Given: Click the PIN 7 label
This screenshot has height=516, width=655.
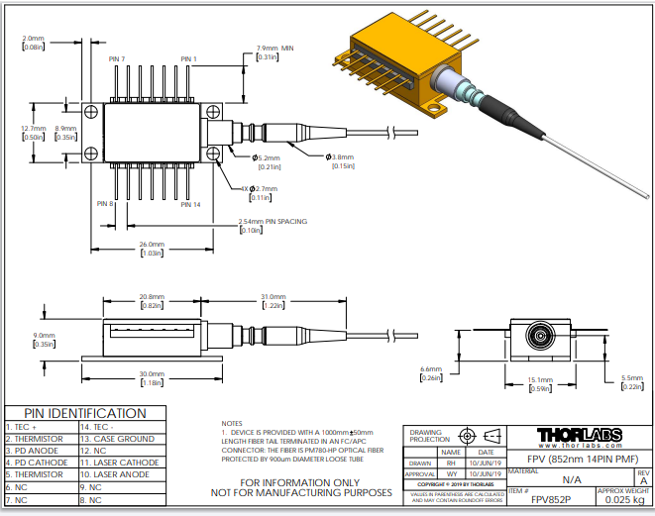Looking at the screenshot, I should [x=117, y=59].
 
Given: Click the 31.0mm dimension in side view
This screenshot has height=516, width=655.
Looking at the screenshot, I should [x=273, y=296].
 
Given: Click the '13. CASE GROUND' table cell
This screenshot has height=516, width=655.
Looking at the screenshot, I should [x=117, y=438].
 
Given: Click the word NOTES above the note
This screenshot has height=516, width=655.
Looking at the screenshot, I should [x=232, y=423].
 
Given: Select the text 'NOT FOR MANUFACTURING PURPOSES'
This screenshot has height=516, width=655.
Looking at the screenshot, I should [x=302, y=491].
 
